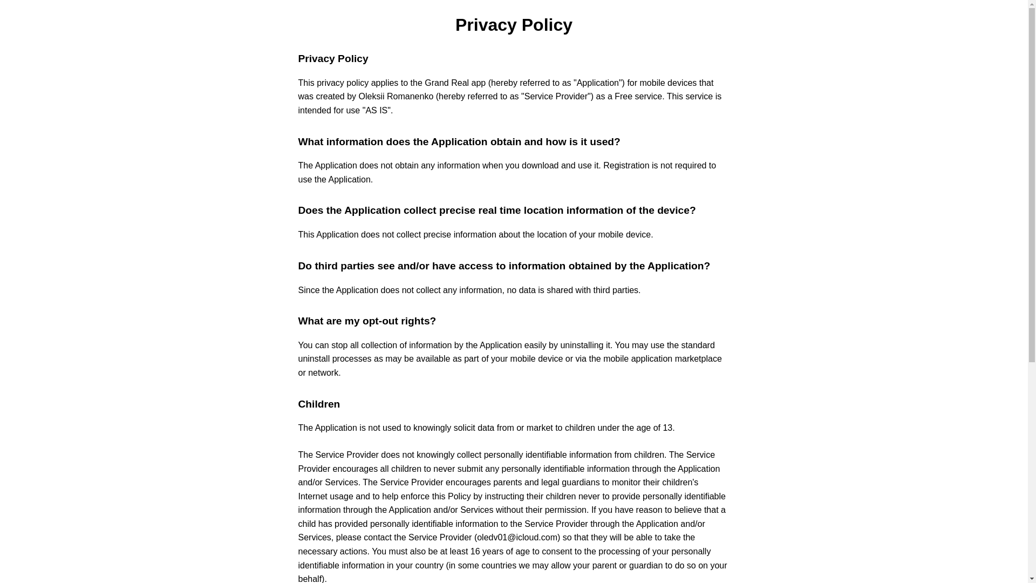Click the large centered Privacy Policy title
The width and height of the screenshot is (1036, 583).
click(513, 25)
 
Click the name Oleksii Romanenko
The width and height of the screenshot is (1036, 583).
click(396, 97)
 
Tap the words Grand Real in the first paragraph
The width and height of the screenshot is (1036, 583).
click(446, 83)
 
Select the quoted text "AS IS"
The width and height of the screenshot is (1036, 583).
click(377, 111)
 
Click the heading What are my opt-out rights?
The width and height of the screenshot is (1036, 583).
click(366, 321)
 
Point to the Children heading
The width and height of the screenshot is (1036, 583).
click(318, 404)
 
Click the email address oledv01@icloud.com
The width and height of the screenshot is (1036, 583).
click(517, 538)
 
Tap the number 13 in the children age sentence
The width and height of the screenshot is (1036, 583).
click(667, 428)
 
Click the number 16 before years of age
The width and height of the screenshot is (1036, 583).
click(475, 552)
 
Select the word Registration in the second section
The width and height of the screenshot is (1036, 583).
click(626, 166)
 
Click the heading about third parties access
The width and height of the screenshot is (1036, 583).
click(503, 266)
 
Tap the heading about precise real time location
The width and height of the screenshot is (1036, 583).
click(496, 211)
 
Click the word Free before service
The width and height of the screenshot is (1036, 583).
click(623, 97)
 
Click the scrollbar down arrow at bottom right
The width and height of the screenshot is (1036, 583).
click(1032, 579)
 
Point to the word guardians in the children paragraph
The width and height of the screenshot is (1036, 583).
click(580, 483)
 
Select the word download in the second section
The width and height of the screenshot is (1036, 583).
click(540, 166)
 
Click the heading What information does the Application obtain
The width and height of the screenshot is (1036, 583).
click(459, 142)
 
